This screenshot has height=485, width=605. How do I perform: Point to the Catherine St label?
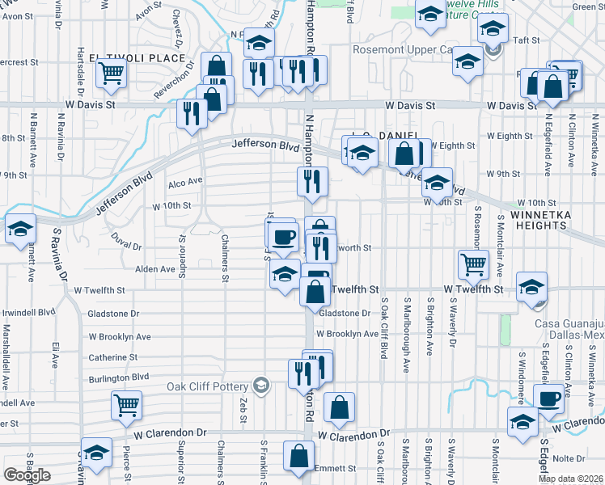pyautogui.click(x=114, y=356)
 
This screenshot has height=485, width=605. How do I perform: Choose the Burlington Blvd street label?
pyautogui.click(x=119, y=377)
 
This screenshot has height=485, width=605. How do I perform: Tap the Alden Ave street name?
pyautogui.click(x=155, y=269)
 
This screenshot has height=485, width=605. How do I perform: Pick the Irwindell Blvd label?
pyautogui.click(x=29, y=311)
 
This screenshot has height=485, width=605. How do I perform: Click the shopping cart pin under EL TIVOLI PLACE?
pyautogui.click(x=111, y=73)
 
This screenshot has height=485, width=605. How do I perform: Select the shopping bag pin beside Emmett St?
pyautogui.click(x=298, y=456)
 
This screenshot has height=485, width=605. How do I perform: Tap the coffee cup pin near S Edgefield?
pyautogui.click(x=549, y=399)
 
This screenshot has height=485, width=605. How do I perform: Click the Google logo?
pyautogui.click(x=27, y=475)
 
